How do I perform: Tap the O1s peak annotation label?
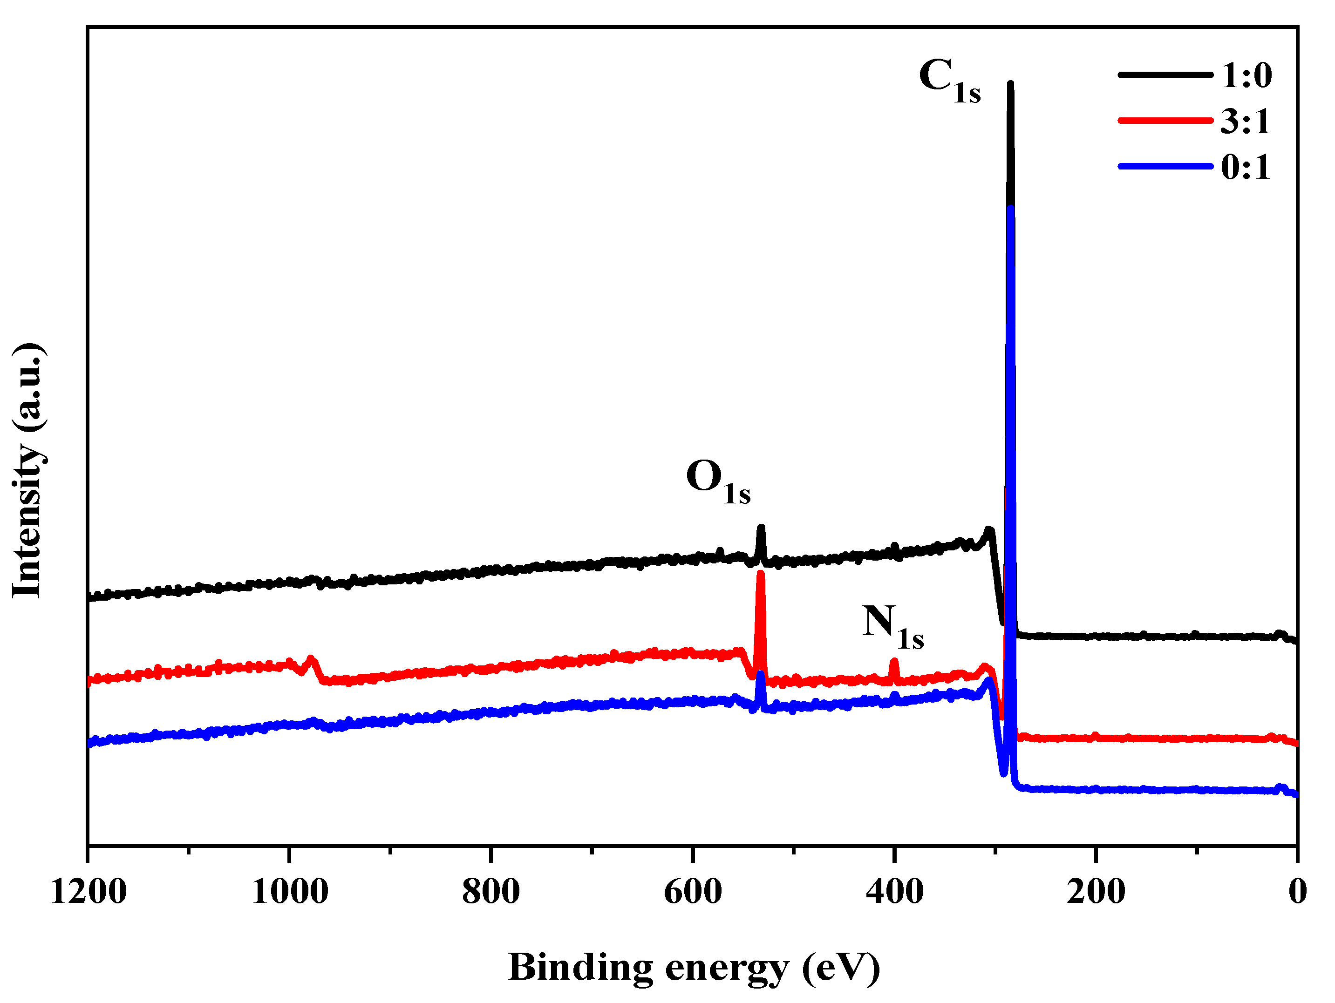718,481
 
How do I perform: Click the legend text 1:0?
1247,76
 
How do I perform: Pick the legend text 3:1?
1246,122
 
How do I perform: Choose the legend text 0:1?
1246,167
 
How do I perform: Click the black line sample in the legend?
1165,75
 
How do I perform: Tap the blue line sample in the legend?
1165,166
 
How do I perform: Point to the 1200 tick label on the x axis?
88,892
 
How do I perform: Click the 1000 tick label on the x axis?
290,892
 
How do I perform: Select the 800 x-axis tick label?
491,892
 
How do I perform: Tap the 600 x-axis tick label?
693,892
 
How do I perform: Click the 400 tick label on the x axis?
894,892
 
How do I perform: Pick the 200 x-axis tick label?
1096,892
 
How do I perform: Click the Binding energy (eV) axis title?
694,968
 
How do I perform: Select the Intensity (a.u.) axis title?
28,471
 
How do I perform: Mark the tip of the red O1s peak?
761,573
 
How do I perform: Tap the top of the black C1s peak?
1010,84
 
